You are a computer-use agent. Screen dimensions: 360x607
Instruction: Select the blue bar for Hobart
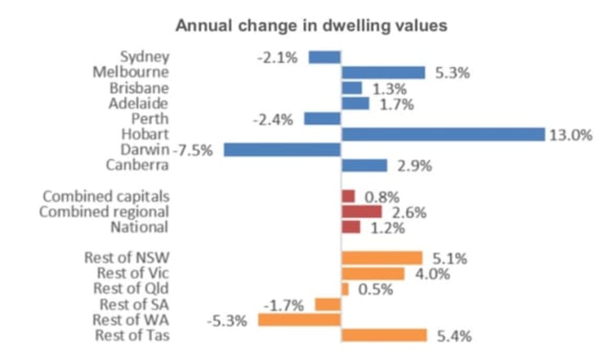[x=443, y=134]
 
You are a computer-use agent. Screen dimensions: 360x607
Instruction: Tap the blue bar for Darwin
[x=283, y=150]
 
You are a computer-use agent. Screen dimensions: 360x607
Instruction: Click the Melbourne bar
[x=383, y=73]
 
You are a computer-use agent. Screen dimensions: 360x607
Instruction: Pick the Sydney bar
[x=325, y=57]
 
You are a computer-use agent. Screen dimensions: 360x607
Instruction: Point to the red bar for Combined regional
[x=362, y=212]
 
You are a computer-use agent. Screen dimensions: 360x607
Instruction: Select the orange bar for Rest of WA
[x=300, y=320]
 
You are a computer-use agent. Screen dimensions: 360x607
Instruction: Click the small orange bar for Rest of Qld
[x=345, y=289]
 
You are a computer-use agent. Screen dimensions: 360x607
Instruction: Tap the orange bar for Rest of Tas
[x=384, y=335]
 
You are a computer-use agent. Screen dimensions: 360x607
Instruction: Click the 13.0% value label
[x=571, y=135]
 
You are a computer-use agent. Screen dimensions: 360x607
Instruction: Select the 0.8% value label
[x=381, y=197]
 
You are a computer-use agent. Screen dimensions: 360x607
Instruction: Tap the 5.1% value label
[x=449, y=258]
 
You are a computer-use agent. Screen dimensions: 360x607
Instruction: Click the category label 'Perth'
[x=150, y=119]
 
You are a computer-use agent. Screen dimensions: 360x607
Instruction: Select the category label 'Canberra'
[x=137, y=166]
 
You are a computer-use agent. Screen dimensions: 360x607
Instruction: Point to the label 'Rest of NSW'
[x=127, y=258]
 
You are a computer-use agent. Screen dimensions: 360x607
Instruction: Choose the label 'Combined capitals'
[x=106, y=197]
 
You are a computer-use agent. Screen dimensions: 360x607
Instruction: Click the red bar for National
[x=351, y=227]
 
